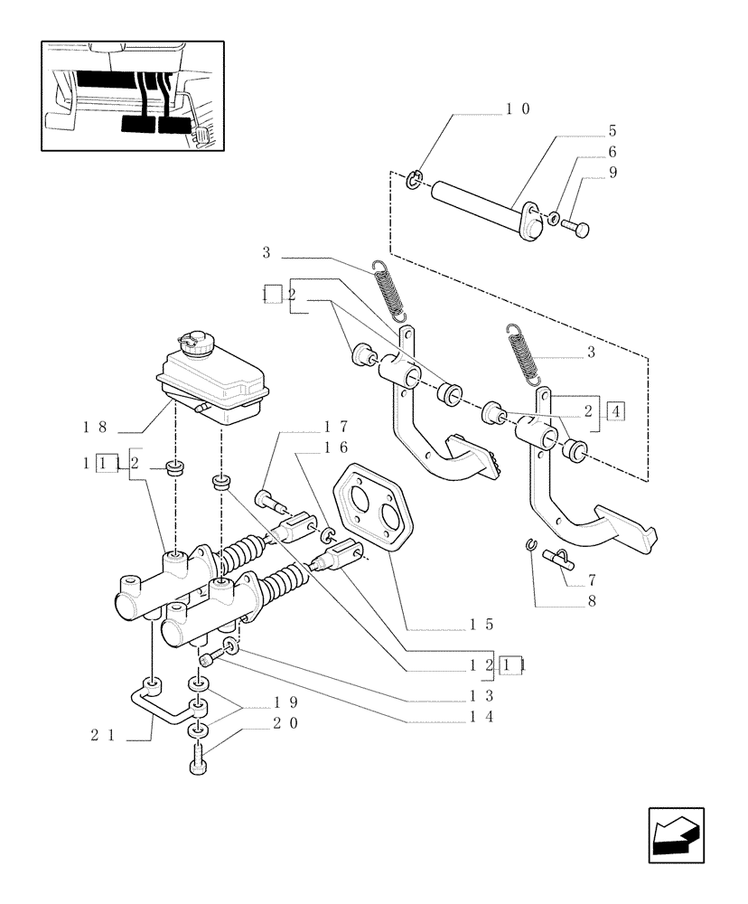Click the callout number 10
(x=518, y=109)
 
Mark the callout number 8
(x=591, y=598)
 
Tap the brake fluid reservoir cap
(x=194, y=342)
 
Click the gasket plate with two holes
(x=373, y=511)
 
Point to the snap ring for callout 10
(x=412, y=180)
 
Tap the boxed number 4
(x=617, y=412)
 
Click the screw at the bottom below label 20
(x=201, y=762)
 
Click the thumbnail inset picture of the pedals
(x=132, y=95)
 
